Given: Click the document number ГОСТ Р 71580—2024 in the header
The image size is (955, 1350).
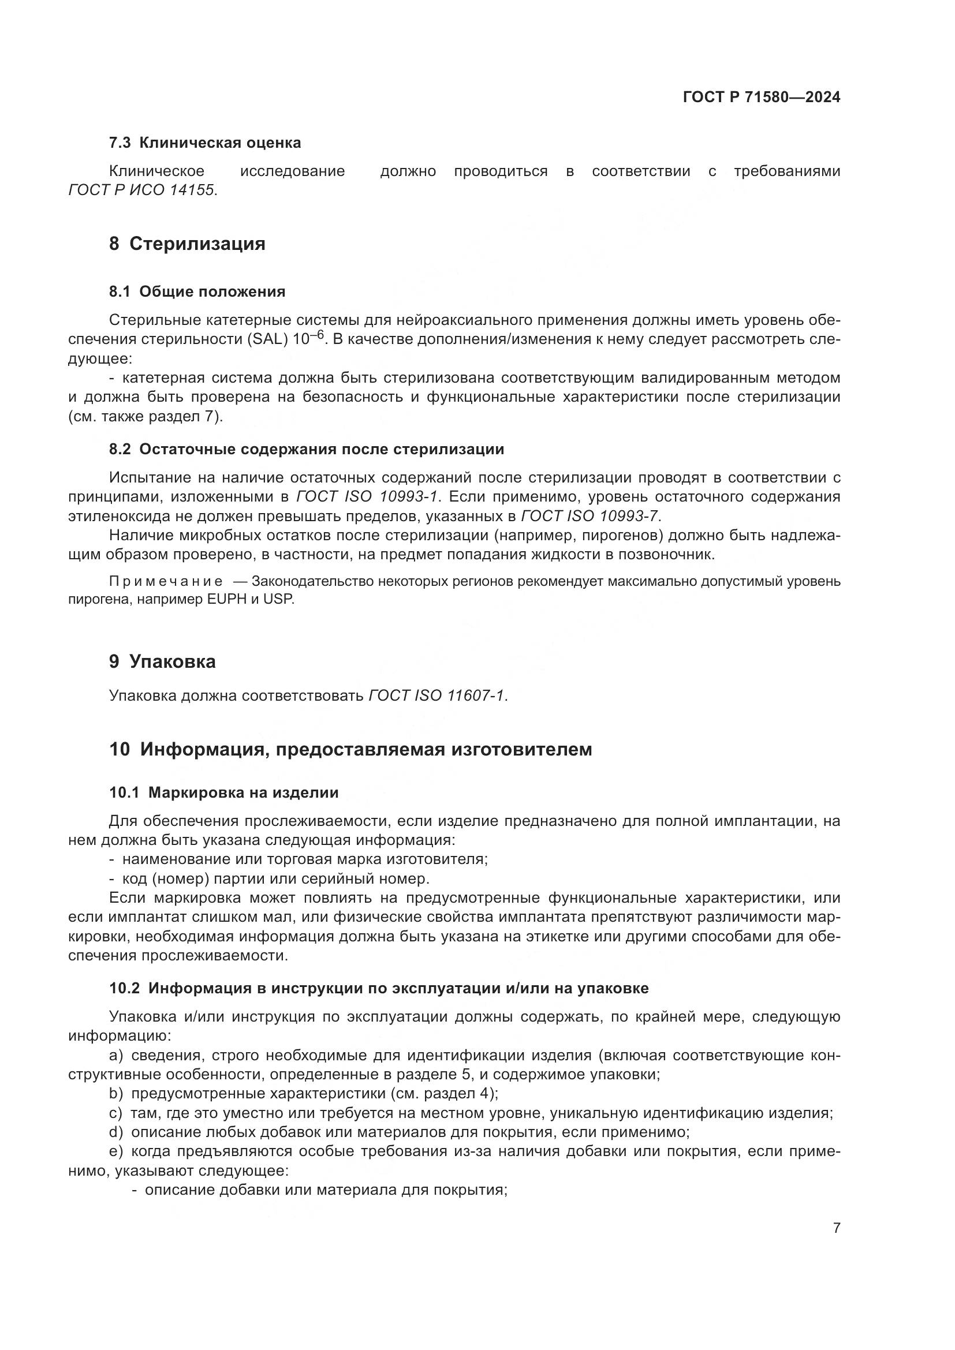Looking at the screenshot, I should pos(762,98).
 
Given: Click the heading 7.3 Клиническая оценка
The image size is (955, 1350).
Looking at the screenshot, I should pos(204,143).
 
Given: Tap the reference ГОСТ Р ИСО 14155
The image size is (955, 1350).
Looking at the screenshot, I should pos(141,190).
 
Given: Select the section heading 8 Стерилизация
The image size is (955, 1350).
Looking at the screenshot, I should pos(187,244).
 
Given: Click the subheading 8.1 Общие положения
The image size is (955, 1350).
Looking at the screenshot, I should pos(197,291).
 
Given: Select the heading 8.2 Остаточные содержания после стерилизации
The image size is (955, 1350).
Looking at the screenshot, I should pos(307,449).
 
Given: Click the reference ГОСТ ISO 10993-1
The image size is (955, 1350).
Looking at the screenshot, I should pos(367,497).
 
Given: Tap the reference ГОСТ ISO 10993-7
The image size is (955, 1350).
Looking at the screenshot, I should pos(590,516).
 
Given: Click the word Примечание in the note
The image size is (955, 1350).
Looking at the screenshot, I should pos(166,582).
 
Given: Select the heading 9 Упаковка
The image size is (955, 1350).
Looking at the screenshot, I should pos(162,661).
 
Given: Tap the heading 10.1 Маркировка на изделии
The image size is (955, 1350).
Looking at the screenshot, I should pos(223,792).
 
